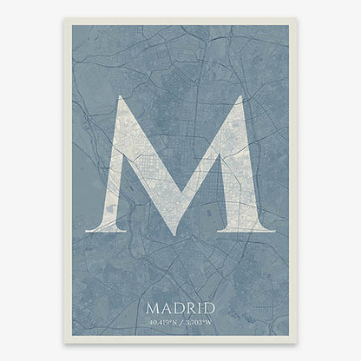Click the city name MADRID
pyautogui.click(x=180, y=307)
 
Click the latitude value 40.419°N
pyautogui.click(x=162, y=323)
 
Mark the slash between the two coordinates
pyautogui.click(x=181, y=323)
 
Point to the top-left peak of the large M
pyautogui.click(x=122, y=96)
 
